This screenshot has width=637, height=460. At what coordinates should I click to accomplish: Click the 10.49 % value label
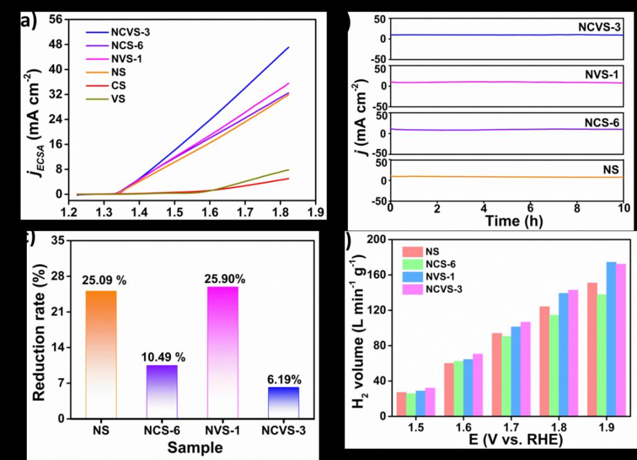pos(161,357)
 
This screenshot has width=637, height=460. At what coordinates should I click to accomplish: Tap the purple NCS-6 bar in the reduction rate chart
pos(162,392)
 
